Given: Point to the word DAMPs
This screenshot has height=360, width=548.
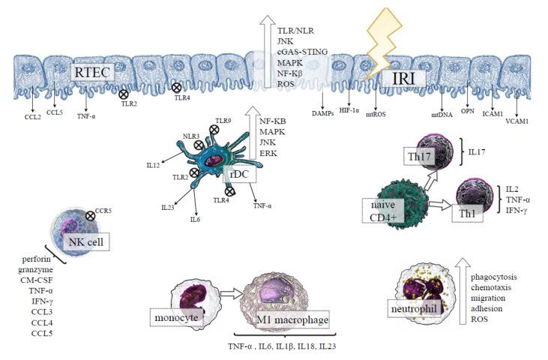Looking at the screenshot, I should [x=323, y=111].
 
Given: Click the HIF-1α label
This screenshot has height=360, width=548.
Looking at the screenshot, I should [x=350, y=111].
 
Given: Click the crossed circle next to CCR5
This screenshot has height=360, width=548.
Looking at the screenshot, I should [x=90, y=216].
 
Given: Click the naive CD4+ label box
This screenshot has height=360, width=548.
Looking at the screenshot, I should [x=382, y=209].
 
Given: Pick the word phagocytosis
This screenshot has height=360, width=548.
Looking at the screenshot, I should [x=495, y=277].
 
